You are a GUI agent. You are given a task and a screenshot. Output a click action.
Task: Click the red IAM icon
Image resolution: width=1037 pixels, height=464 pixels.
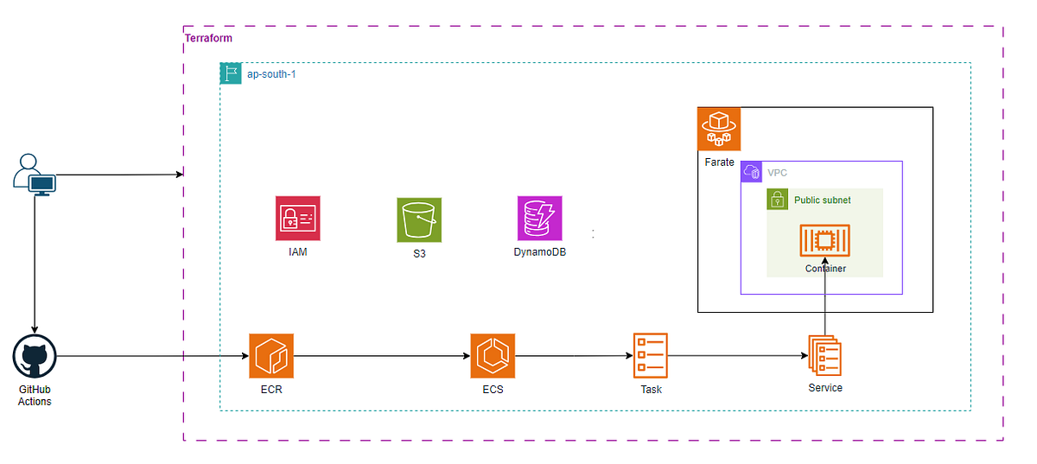point(296,218)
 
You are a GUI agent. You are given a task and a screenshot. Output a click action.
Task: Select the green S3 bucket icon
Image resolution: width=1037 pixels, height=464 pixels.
point(419,219)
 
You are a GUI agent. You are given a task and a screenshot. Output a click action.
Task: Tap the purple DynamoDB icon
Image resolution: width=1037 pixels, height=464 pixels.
point(539,218)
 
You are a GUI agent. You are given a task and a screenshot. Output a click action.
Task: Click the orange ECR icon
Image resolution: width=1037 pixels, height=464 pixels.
point(270,356)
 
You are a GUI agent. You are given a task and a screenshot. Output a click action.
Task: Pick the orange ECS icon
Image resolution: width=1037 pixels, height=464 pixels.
point(493,356)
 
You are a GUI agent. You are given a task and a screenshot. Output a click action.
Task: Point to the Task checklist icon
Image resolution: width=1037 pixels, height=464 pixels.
point(649,355)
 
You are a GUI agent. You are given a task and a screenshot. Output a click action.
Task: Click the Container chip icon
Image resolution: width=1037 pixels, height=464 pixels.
point(824,241)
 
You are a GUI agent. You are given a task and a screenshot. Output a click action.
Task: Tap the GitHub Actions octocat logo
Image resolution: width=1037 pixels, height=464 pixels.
point(35,357)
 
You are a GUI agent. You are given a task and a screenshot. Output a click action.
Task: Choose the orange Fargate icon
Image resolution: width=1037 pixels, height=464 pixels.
point(719,129)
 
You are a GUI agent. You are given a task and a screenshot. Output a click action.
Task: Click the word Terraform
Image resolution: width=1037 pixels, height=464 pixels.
point(209,39)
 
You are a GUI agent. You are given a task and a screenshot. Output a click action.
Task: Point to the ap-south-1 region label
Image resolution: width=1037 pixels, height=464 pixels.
point(271,74)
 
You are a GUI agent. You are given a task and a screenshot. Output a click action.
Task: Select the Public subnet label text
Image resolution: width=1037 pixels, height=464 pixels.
point(822,200)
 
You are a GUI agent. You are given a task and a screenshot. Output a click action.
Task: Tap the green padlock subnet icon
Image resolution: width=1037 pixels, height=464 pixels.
point(778,200)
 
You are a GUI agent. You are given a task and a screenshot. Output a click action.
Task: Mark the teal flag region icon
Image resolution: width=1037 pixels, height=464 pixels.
point(231,73)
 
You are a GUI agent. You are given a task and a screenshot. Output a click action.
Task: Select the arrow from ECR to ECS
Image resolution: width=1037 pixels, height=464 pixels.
point(381,355)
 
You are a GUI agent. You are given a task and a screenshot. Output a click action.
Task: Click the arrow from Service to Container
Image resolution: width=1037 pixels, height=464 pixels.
point(824,294)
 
